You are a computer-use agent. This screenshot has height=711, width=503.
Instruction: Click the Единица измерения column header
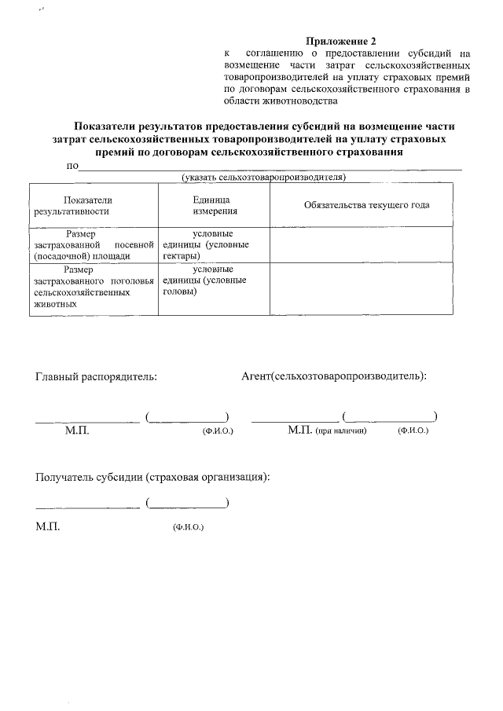coord(211,206)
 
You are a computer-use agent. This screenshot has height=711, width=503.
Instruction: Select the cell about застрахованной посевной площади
coord(93,244)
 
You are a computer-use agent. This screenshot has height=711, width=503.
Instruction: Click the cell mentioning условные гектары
coord(212,244)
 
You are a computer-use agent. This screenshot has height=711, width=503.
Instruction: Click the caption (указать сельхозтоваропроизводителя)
coord(263,178)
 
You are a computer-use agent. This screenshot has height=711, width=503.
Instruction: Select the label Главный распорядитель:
coord(96,376)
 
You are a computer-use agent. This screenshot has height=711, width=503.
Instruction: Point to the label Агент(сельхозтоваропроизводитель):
coord(334,376)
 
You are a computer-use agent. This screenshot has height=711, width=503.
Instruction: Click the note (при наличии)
coord(342,431)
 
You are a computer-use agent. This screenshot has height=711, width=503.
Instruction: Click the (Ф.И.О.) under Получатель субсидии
coord(188,527)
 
